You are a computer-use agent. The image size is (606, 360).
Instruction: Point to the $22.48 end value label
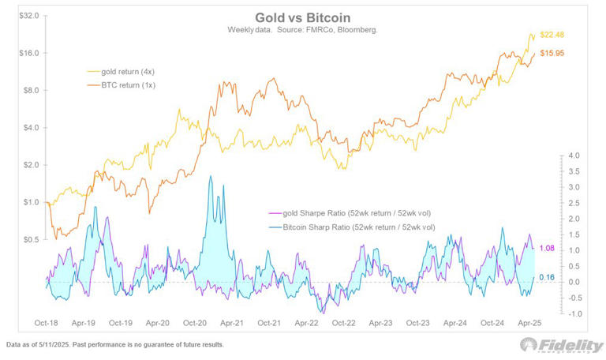pos(552,34)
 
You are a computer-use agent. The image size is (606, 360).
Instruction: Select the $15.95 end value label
pos(552,53)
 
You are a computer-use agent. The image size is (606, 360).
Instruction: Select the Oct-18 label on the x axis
pos(47,324)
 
